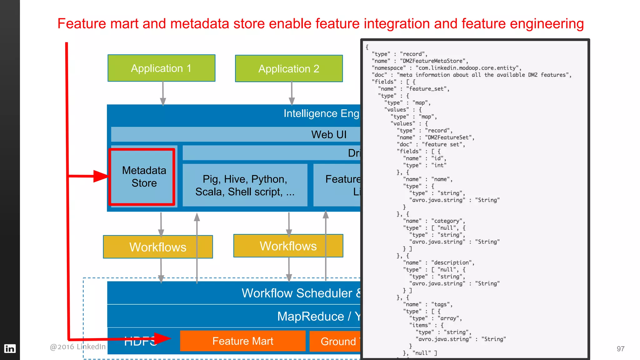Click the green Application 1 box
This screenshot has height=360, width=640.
click(161, 68)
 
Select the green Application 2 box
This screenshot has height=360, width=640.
click(289, 68)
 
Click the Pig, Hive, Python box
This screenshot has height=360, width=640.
click(245, 185)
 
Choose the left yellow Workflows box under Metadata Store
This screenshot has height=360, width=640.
click(158, 247)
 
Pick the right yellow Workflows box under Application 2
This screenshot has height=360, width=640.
click(288, 246)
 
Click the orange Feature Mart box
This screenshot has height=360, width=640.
click(242, 341)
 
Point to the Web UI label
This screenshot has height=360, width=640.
click(329, 134)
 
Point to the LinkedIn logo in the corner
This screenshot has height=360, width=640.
click(10, 348)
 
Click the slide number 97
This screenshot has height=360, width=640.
click(620, 349)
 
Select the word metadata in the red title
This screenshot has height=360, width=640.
click(200, 24)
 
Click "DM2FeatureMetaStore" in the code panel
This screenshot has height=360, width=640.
click(434, 61)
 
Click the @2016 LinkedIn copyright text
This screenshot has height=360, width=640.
click(77, 347)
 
